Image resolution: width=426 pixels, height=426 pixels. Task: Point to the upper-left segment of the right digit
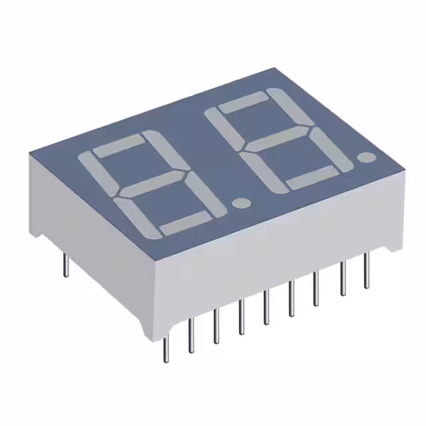click(222, 128)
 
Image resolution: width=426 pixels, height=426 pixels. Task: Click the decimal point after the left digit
click(242, 202)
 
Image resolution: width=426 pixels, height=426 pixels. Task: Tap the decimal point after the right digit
click(365, 158)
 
